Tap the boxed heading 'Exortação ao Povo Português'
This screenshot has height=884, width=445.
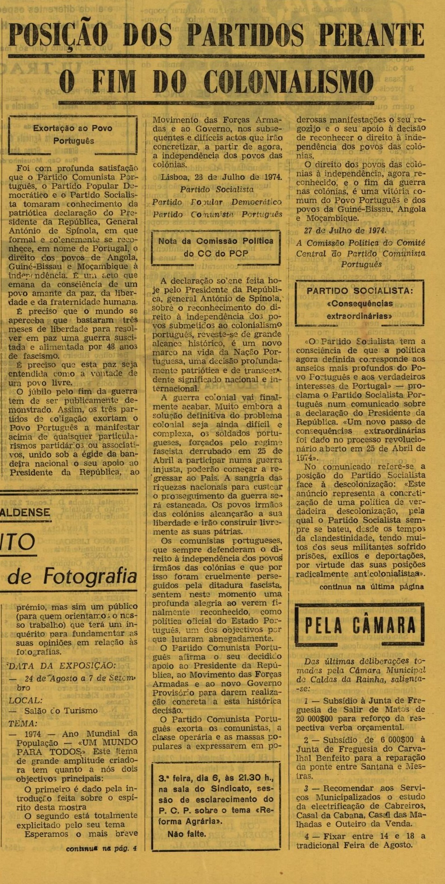(x=73, y=134)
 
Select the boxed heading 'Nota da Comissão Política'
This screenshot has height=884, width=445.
(x=216, y=241)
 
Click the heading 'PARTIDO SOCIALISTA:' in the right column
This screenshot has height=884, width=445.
(x=359, y=291)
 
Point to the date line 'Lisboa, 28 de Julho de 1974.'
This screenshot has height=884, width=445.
(x=221, y=177)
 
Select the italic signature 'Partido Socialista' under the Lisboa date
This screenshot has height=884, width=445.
(x=216, y=189)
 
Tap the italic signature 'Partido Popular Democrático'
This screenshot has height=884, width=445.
(x=216, y=202)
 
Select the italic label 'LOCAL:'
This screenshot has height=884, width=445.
(x=24, y=700)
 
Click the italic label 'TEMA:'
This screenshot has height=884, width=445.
(x=23, y=723)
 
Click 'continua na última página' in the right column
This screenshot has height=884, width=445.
(x=372, y=587)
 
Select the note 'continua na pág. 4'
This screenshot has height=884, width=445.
(x=101, y=848)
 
